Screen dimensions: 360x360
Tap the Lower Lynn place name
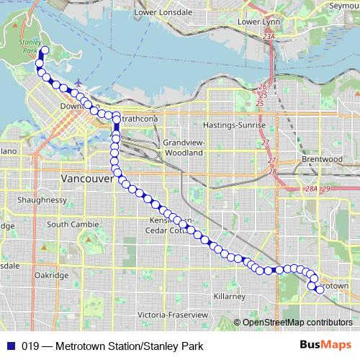[x=258, y=22]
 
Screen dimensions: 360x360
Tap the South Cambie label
[x=73, y=225]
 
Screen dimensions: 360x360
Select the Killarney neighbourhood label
[x=230, y=296]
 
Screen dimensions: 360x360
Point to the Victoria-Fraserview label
[x=173, y=315]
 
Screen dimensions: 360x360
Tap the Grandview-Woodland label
[x=184, y=148]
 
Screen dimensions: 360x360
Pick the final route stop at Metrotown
[x=320, y=289]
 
